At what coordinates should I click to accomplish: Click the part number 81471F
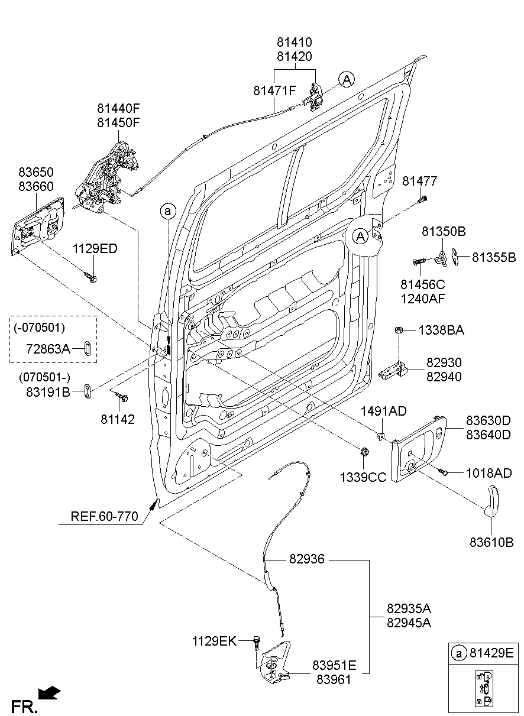coord(274,91)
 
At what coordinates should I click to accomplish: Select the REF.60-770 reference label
coord(105,516)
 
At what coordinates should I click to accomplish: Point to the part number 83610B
coord(491,542)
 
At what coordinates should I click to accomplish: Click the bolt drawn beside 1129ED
coord(90,276)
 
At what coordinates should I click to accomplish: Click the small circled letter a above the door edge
coord(168,210)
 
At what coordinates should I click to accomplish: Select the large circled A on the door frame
coord(360,237)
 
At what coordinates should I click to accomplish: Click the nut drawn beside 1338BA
coord(399,330)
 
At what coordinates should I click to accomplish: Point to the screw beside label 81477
coord(422,199)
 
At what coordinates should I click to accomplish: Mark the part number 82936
coord(307,559)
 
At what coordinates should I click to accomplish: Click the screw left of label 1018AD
coord(444,471)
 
